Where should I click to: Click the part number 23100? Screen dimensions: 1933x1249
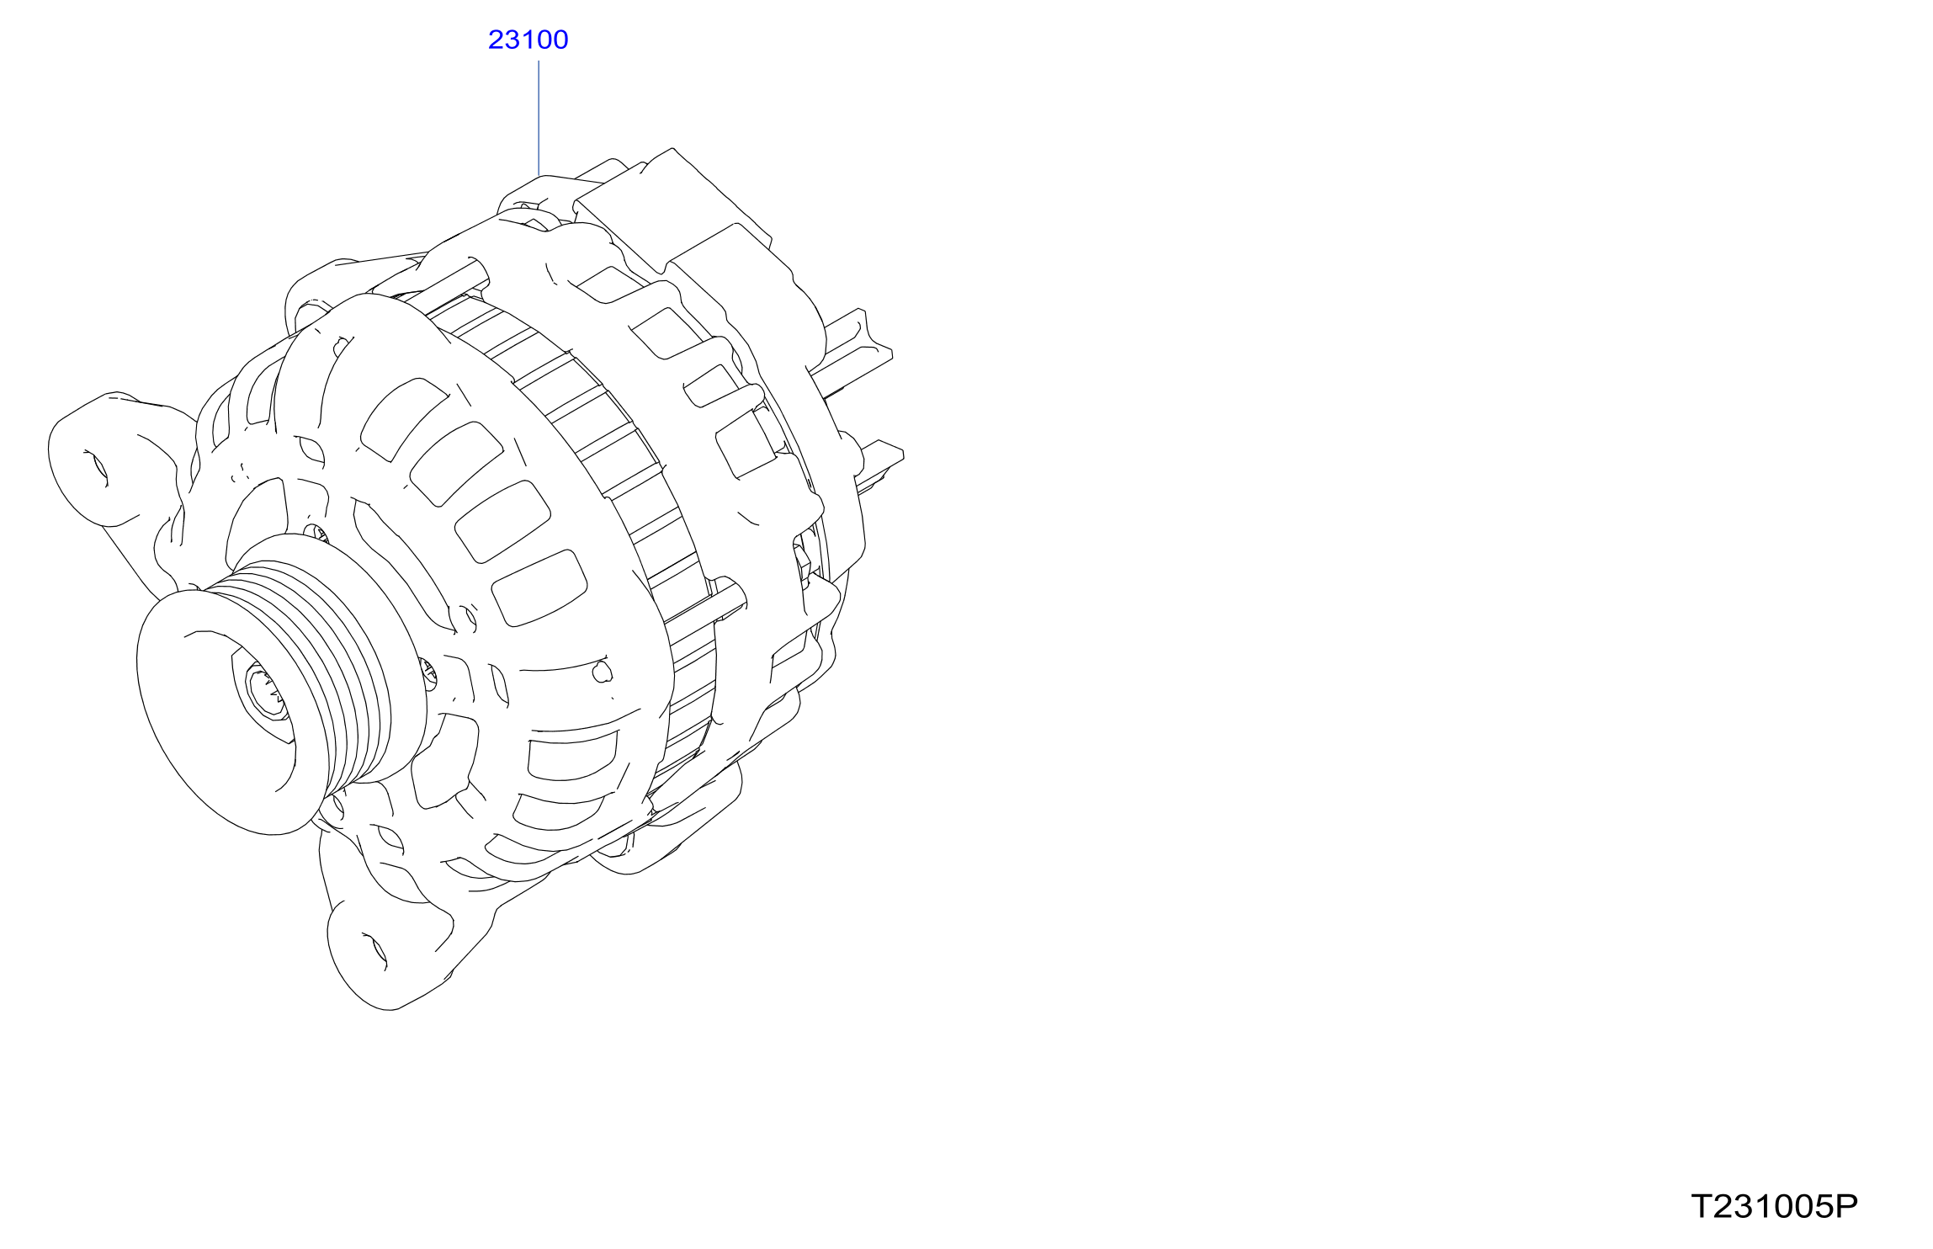[528, 40]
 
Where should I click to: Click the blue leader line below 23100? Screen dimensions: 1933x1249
[539, 118]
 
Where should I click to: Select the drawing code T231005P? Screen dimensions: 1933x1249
[1775, 1207]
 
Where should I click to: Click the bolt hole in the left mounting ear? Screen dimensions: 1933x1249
[98, 467]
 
